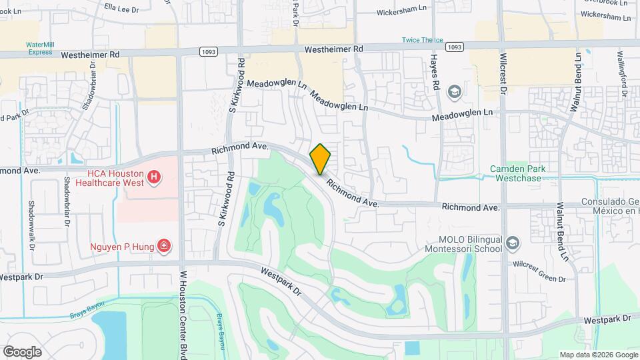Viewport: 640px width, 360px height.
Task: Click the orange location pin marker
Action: click(x=321, y=159)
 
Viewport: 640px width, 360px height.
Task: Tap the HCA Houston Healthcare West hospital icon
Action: click(x=154, y=177)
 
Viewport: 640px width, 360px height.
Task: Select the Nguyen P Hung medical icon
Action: click(x=163, y=247)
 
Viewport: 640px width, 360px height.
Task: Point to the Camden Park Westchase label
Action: click(x=517, y=173)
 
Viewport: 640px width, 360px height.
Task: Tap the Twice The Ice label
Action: click(x=422, y=40)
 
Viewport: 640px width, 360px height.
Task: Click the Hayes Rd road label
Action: click(x=437, y=73)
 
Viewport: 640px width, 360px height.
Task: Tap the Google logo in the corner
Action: click(x=22, y=351)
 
